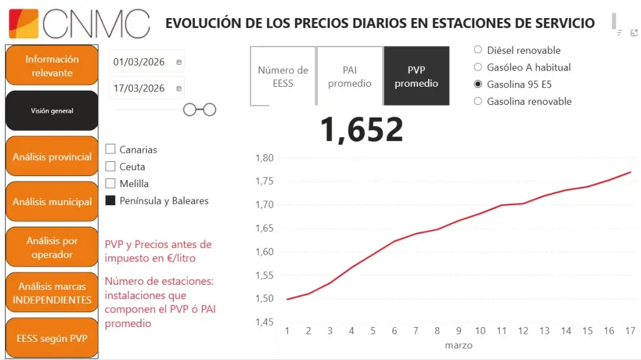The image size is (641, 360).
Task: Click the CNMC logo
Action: click(79, 23)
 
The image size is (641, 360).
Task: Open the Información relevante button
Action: click(52, 65)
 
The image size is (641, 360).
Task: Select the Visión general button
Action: click(52, 111)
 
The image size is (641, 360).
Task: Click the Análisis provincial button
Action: click(52, 157)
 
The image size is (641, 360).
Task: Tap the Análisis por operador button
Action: click(52, 247)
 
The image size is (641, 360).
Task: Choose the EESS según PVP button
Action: click(52, 338)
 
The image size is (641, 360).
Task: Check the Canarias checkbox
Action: click(110, 150)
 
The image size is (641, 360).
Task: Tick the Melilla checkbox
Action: click(110, 183)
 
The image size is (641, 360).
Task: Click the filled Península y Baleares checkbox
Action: click(110, 201)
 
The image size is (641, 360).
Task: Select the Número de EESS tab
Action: click(283, 76)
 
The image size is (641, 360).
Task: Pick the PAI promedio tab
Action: click(350, 76)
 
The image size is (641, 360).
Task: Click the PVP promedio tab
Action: click(416, 76)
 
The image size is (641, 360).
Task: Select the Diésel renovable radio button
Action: click(478, 50)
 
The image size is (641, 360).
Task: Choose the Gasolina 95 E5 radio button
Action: click(478, 84)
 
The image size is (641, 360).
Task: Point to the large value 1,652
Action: click(361, 129)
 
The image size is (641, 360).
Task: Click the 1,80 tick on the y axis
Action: click(265, 158)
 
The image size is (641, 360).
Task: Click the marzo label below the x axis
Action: click(458, 345)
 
